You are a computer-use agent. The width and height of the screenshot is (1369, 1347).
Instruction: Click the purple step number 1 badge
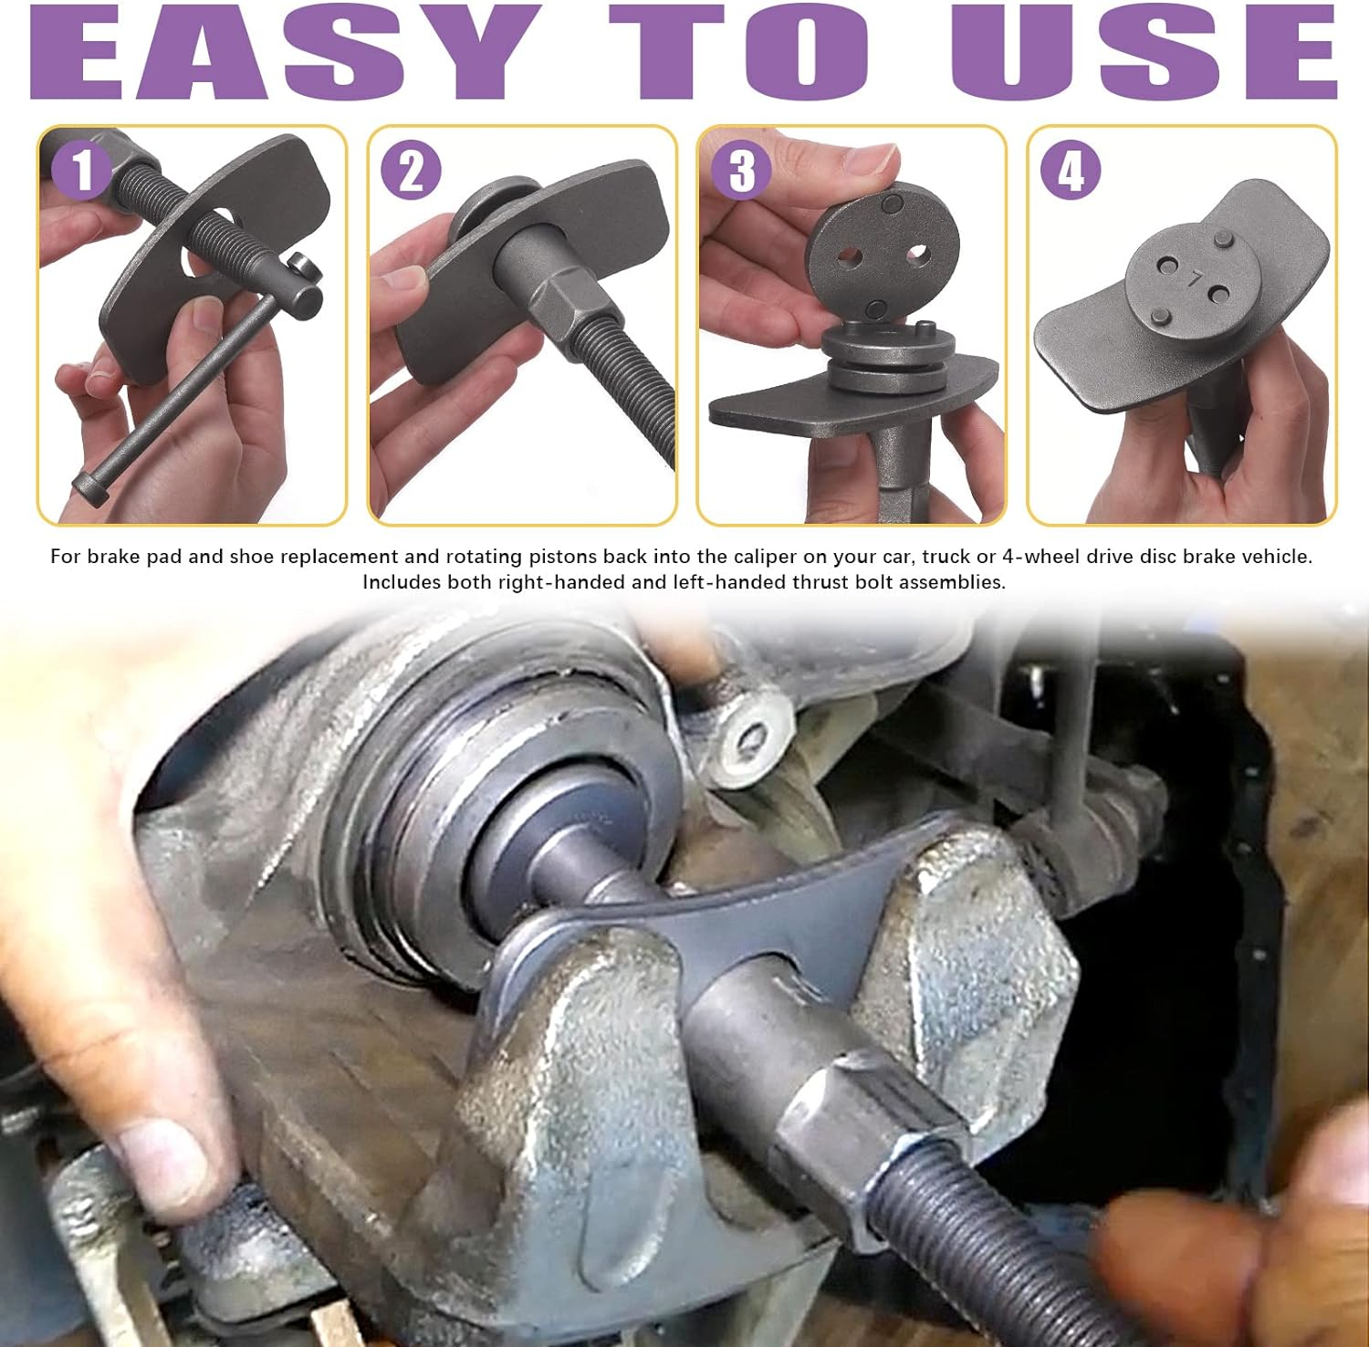[82, 170]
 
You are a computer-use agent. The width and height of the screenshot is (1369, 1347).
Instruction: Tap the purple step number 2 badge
[412, 171]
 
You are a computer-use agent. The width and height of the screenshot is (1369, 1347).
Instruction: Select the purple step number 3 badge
[742, 171]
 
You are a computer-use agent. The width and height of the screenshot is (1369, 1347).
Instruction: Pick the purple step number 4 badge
[1071, 170]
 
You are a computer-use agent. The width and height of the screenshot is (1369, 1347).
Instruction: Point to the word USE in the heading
[1145, 51]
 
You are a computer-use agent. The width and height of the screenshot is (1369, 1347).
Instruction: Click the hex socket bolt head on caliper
[748, 736]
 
